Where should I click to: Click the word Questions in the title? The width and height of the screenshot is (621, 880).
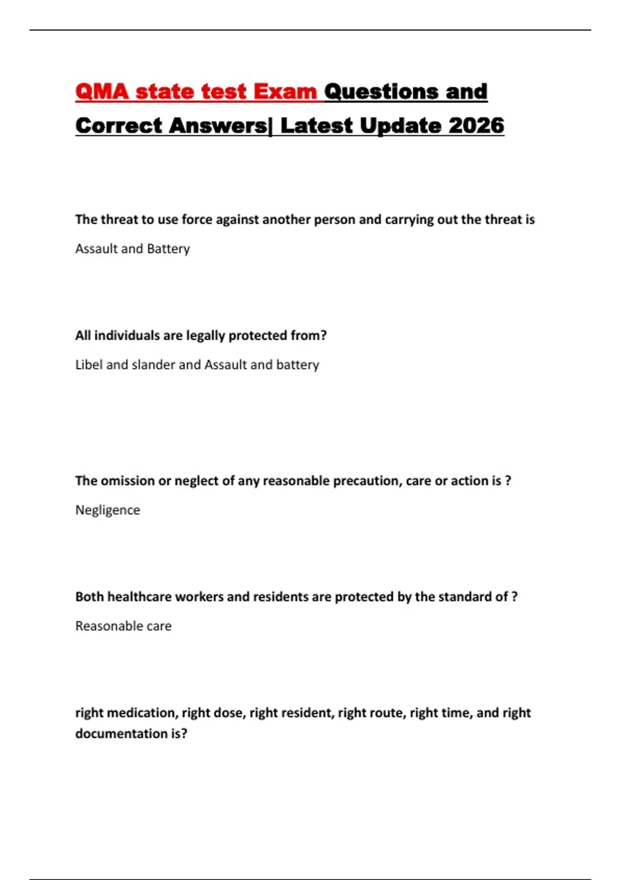pyautogui.click(x=382, y=92)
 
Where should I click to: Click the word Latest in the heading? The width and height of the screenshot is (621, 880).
pyautogui.click(x=316, y=126)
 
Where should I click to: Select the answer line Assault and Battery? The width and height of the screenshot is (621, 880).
pyautogui.click(x=132, y=249)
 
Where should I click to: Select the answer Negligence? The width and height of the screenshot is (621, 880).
pyautogui.click(x=108, y=510)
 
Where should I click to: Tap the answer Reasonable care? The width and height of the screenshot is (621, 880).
pyautogui.click(x=123, y=626)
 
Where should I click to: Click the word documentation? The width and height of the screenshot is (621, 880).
pyautogui.click(x=122, y=734)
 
